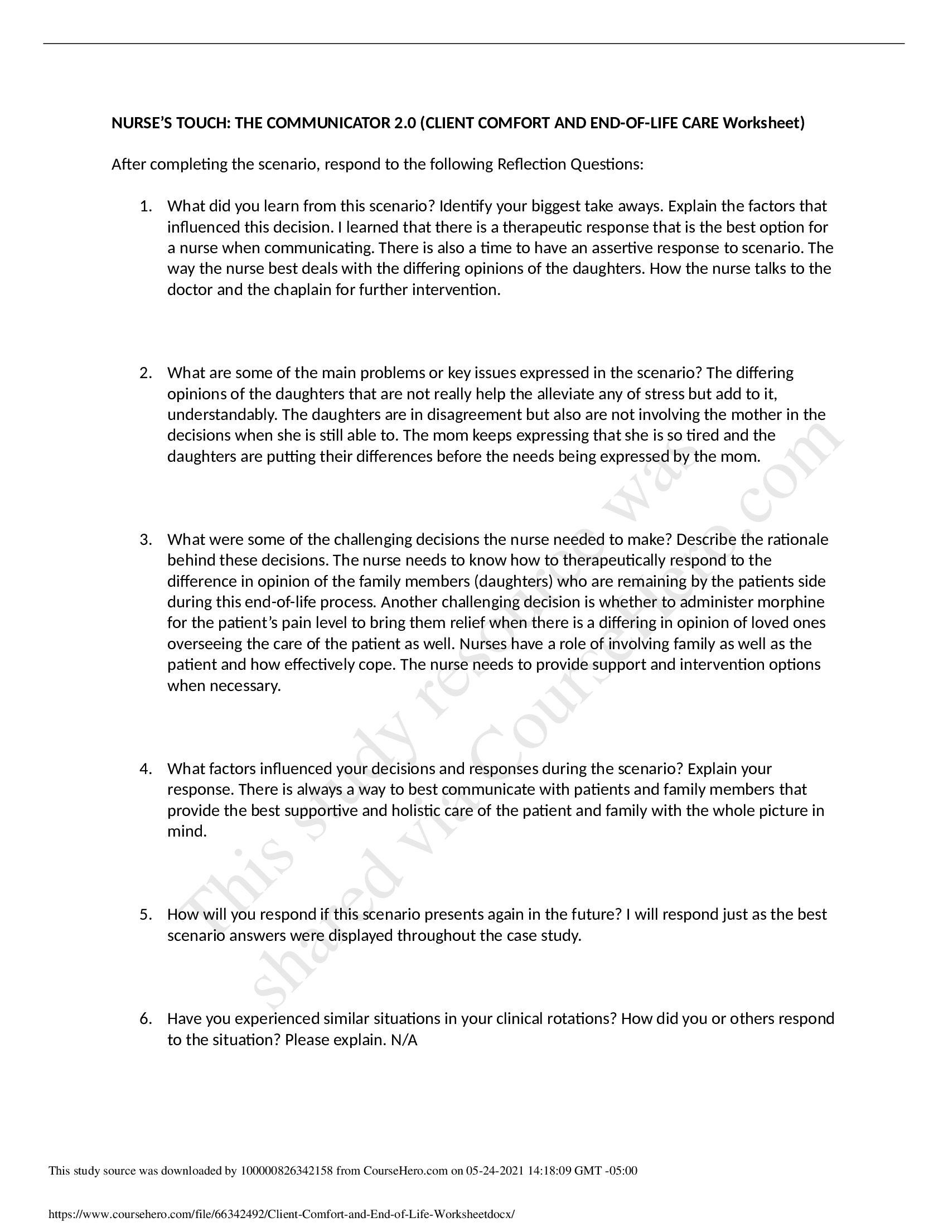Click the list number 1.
(146, 206)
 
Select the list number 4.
(146, 769)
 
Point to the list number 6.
(146, 1018)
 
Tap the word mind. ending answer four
(187, 832)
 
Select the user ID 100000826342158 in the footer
(287, 1171)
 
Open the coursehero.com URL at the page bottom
(281, 1215)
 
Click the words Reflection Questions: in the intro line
(570, 165)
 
